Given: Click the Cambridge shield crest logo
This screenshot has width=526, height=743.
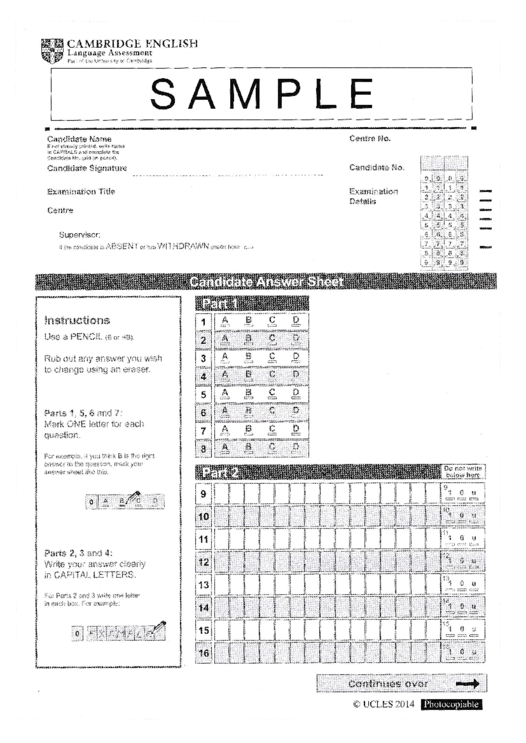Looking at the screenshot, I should coord(52,51).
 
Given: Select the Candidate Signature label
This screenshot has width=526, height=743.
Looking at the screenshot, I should coord(87,168).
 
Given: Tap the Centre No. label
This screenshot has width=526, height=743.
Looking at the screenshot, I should coord(370,139).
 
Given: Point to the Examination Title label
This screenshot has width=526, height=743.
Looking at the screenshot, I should coord(81,191).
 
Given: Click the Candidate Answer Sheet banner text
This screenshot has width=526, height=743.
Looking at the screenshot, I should coord(266,282).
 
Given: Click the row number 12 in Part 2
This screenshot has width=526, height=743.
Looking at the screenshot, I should coord(203,562).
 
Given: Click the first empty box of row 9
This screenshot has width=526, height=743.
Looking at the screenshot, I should coord(221,494).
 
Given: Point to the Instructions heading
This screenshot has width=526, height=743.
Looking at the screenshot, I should coord(77,320).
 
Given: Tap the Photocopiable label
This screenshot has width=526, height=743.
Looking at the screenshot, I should coord(451,704).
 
